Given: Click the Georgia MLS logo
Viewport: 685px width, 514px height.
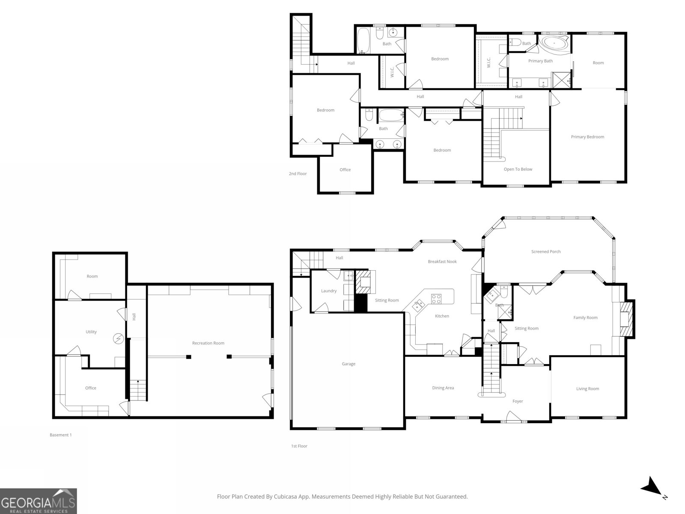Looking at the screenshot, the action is tap(38, 501).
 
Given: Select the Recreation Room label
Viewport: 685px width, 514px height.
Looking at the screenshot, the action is tap(208, 343).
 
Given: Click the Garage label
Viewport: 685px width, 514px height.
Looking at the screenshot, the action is tap(348, 364).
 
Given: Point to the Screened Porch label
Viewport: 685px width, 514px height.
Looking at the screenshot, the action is tap(546, 251).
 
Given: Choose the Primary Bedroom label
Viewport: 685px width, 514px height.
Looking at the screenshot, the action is tap(587, 137).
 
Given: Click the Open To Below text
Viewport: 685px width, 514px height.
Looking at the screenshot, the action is tap(518, 169).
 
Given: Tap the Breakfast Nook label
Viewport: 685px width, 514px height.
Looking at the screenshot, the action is tap(442, 262).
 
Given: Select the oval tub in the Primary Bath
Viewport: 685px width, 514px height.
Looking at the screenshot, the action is tap(554, 43).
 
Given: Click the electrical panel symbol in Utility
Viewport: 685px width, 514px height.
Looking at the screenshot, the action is tap(118, 339).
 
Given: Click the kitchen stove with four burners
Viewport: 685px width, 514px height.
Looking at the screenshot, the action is tap(436, 299).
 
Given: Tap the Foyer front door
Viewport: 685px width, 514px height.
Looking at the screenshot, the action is tap(513, 417).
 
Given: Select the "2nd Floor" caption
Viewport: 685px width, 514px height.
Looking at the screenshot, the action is tap(298, 173).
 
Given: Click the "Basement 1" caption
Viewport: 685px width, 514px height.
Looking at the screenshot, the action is tap(60, 435).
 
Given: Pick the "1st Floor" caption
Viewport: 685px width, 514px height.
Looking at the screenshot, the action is tap(299, 446).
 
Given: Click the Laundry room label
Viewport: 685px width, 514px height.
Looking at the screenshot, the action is tap(329, 291).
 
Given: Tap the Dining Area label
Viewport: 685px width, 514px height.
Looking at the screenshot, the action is tap(443, 388).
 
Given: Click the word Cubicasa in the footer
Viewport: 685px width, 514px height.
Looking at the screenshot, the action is tap(286, 496).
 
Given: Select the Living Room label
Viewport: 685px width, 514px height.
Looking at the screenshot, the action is tap(588, 388).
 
